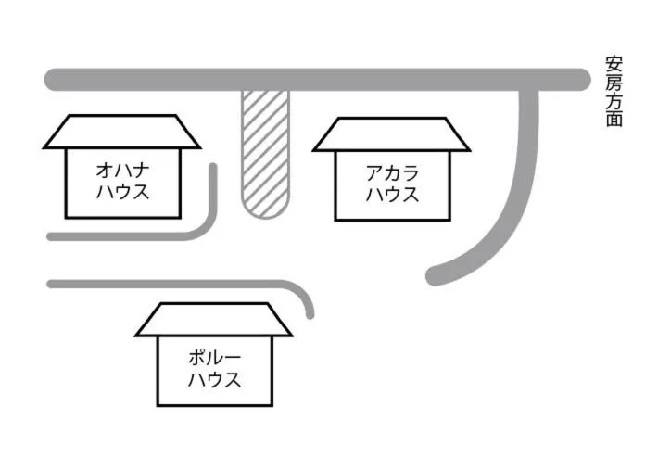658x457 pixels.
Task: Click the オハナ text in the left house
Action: pos(123,171)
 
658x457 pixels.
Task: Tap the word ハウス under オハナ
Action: pos(123,192)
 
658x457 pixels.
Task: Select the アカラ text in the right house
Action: pos(392,173)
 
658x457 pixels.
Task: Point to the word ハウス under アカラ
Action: pos(392,195)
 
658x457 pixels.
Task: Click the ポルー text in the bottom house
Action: pos(214,358)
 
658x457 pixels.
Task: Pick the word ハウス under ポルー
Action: pos(214,379)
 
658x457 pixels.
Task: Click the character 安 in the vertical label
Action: pos(614,65)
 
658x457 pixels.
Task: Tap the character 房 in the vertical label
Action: pos(614,83)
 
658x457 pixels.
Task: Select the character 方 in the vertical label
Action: pos(614,100)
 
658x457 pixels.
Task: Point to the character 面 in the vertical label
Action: pos(614,118)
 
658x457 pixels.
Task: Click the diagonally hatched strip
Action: pos(266,154)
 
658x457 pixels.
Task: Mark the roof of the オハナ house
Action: pos(121,132)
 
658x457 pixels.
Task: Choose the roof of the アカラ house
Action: pos(391,134)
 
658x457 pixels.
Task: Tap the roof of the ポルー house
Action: pos(213,320)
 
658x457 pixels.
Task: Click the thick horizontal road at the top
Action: pos(318,80)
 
